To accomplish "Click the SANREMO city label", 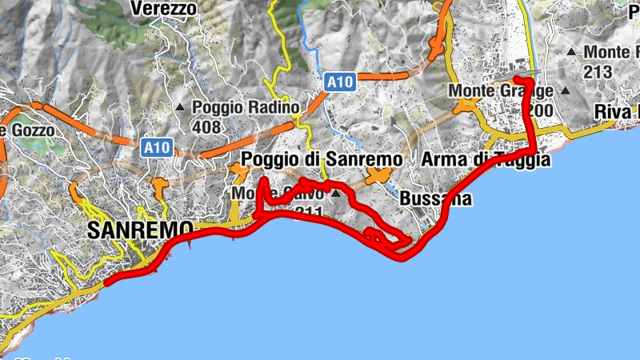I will pos(140,230).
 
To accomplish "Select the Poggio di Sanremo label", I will pos(322,159).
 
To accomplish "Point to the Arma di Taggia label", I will pos(486,159).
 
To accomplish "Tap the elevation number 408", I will pos(206,126).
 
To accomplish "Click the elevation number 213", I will pos(598,73).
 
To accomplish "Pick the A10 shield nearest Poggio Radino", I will pos(339,82).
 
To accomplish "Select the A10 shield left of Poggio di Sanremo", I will pos(157,147).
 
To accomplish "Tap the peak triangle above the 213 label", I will pos(571,53).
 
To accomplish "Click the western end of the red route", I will pos(106,282).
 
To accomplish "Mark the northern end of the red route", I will pos(518,78).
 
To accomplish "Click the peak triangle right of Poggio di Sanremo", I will pos(337,193).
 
